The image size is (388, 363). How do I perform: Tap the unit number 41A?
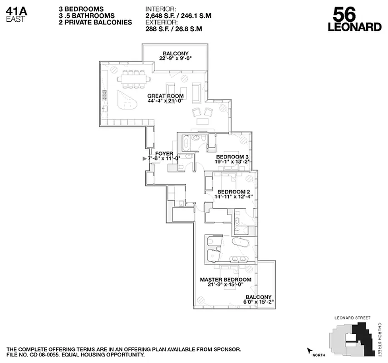(15, 10)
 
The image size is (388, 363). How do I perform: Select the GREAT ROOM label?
(166, 96)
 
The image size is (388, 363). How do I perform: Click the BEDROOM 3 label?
(232, 157)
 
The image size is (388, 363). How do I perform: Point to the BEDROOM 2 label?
(234, 191)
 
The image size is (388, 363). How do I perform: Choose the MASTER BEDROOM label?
(226, 280)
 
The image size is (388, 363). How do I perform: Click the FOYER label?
(164, 153)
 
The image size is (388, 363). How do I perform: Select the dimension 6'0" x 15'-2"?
(259, 301)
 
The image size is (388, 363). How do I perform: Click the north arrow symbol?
(310, 351)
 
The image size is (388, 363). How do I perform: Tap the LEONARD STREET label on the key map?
(352, 318)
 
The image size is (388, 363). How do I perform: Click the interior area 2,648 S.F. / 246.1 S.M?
(178, 16)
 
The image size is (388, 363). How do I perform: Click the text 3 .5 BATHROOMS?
(87, 15)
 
